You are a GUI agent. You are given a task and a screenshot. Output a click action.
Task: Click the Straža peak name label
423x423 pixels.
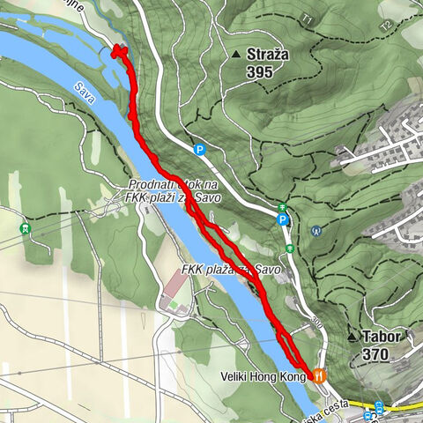pos(268,55)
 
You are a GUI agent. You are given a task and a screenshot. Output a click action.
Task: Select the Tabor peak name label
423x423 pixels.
pos(382,337)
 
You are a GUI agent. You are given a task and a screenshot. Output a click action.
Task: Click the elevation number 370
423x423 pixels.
pos(375,353)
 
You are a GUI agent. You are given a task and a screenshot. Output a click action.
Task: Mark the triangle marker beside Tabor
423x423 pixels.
pos(352,337)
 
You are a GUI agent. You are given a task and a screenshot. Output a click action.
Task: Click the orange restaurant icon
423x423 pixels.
pos(319,375)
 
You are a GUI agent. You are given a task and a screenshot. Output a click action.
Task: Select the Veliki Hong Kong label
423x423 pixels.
pos(262,376)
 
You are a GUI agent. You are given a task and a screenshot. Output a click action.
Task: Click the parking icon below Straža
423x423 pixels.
pos(200,151)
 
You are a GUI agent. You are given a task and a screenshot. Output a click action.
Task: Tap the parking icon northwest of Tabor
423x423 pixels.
pos(282,220)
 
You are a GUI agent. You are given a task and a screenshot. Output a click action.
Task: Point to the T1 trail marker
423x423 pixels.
pos(308,18)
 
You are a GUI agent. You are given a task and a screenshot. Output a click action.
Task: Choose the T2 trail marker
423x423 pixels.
pos(384,26)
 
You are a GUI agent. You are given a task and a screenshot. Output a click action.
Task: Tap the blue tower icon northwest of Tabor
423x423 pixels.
pos(315,231)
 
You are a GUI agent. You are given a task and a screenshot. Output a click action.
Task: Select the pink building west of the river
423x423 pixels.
pos(175,287)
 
